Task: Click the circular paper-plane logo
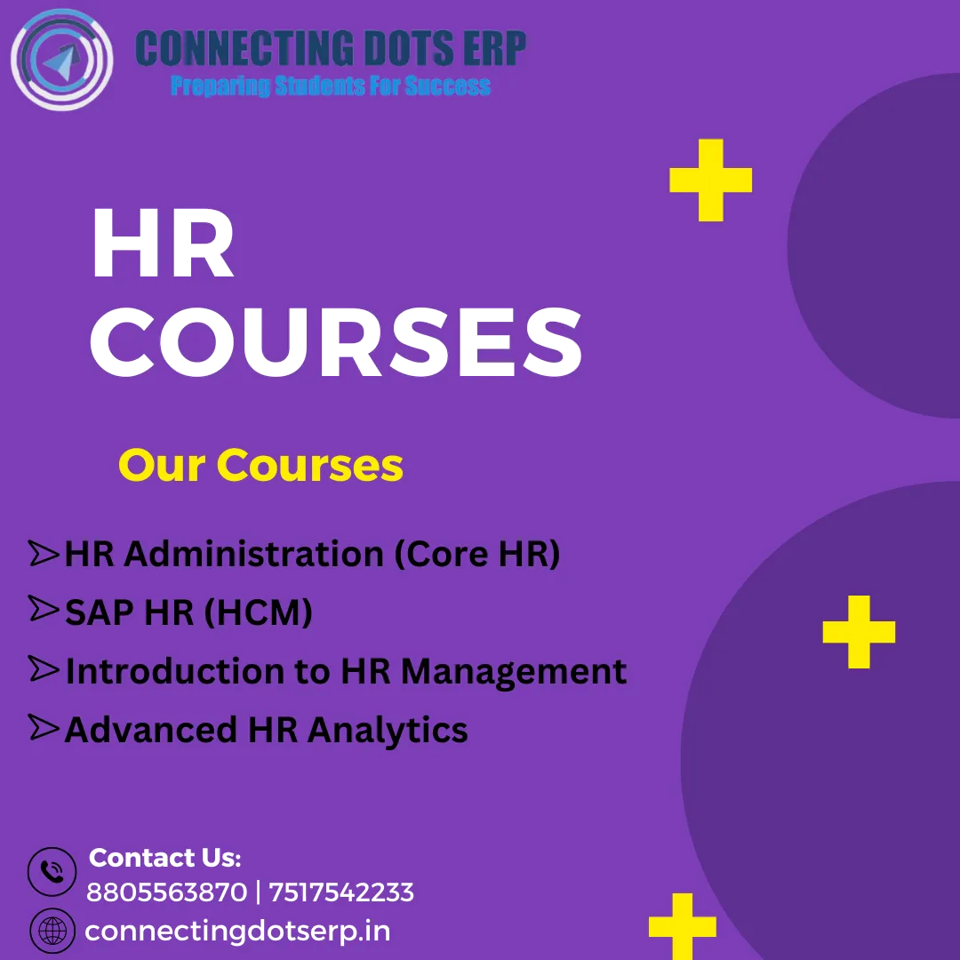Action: click(x=62, y=60)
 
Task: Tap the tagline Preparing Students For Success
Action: click(x=331, y=85)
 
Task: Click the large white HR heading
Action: click(x=163, y=243)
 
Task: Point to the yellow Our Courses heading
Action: click(x=260, y=465)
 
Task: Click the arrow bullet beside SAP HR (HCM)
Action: click(x=44, y=609)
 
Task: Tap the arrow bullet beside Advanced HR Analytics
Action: click(x=44, y=727)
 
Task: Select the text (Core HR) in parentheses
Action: click(x=477, y=554)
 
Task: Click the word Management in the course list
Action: click(x=514, y=672)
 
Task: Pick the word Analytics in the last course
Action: click(x=388, y=731)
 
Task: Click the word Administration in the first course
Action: click(x=254, y=554)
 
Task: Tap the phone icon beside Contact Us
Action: click(x=52, y=871)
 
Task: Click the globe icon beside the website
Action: click(x=52, y=931)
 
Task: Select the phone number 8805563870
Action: click(x=166, y=892)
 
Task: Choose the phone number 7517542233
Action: click(x=341, y=892)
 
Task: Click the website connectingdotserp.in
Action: click(x=237, y=932)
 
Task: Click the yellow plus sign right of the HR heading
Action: click(x=711, y=180)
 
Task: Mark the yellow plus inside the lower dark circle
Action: click(x=859, y=632)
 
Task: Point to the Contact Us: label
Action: click(x=165, y=858)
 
